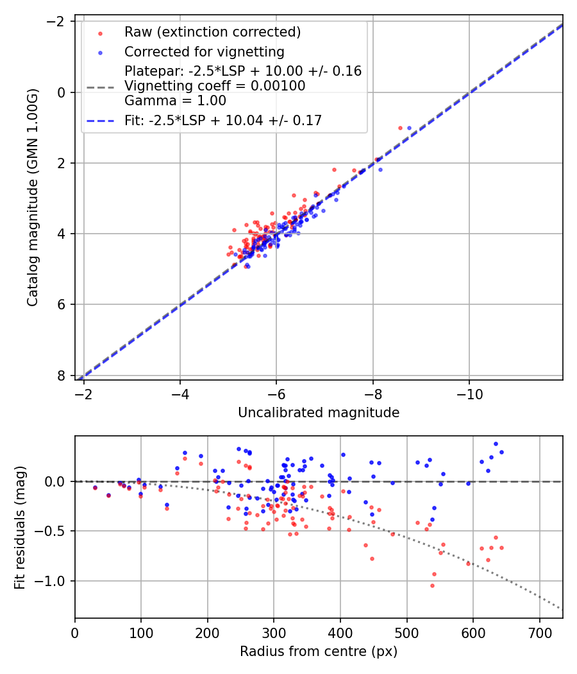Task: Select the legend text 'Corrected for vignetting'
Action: pos(205,51)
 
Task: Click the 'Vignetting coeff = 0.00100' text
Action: pos(215,85)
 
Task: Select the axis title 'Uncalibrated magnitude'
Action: pos(319,413)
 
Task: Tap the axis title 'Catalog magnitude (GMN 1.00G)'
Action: pos(33,197)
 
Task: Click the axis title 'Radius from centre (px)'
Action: pos(319,652)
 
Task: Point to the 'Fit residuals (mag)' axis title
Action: pos(20,527)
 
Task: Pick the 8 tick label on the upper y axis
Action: pos(62,375)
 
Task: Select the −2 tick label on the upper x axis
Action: pos(83,393)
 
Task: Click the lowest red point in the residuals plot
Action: pos(432,585)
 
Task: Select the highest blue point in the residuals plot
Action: pos(496,444)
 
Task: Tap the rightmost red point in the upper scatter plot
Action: pos(400,128)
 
